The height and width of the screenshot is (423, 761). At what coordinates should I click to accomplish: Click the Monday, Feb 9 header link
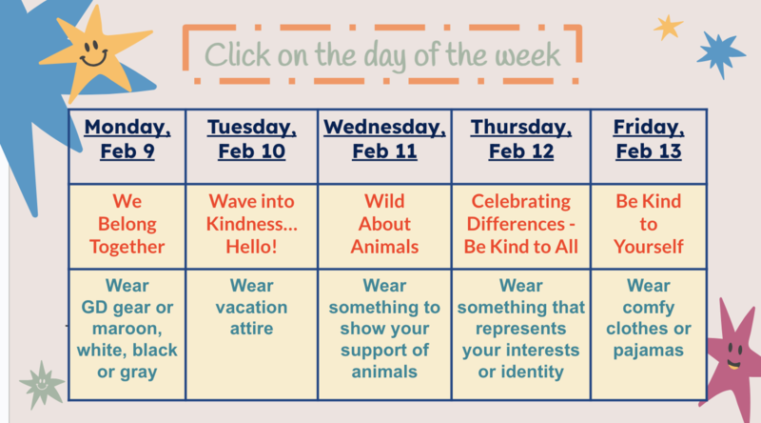pyautogui.click(x=127, y=139)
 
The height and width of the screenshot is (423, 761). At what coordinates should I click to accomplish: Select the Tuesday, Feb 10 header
pyautogui.click(x=252, y=139)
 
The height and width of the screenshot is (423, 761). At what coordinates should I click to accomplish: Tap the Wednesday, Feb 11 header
pyautogui.click(x=384, y=139)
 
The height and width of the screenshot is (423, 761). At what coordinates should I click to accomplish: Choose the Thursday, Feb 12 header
pyautogui.click(x=520, y=139)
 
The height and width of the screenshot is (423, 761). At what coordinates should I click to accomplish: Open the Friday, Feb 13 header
pyautogui.click(x=648, y=139)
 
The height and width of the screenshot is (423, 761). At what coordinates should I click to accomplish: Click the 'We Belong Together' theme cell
pyautogui.click(x=127, y=225)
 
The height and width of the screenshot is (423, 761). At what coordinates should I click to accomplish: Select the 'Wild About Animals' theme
pyautogui.click(x=384, y=225)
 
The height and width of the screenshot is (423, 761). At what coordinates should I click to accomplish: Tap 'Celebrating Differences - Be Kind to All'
pyautogui.click(x=520, y=225)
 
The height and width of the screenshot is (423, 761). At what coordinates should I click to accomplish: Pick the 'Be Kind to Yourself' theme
pyautogui.click(x=648, y=225)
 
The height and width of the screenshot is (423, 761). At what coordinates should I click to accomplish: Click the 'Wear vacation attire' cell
pyautogui.click(x=252, y=307)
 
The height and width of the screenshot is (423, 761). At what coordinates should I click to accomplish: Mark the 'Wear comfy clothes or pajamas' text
pyautogui.click(x=648, y=318)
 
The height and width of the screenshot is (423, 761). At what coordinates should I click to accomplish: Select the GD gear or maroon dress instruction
pyautogui.click(x=127, y=329)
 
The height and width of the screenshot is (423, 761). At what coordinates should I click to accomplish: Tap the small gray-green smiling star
pyautogui.click(x=42, y=383)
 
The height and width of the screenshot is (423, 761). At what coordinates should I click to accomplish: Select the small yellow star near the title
pyautogui.click(x=669, y=27)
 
